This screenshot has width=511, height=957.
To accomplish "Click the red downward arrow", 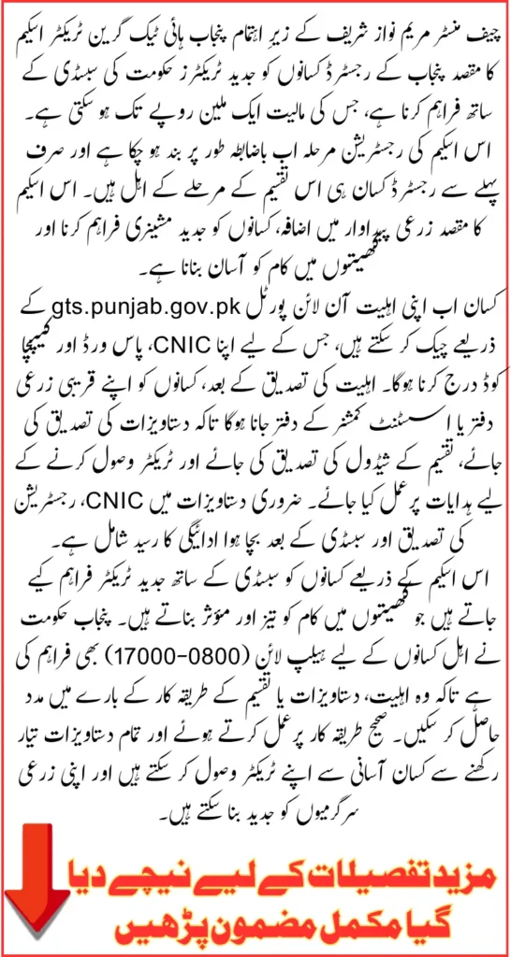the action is pyautogui.click(x=38, y=888).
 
